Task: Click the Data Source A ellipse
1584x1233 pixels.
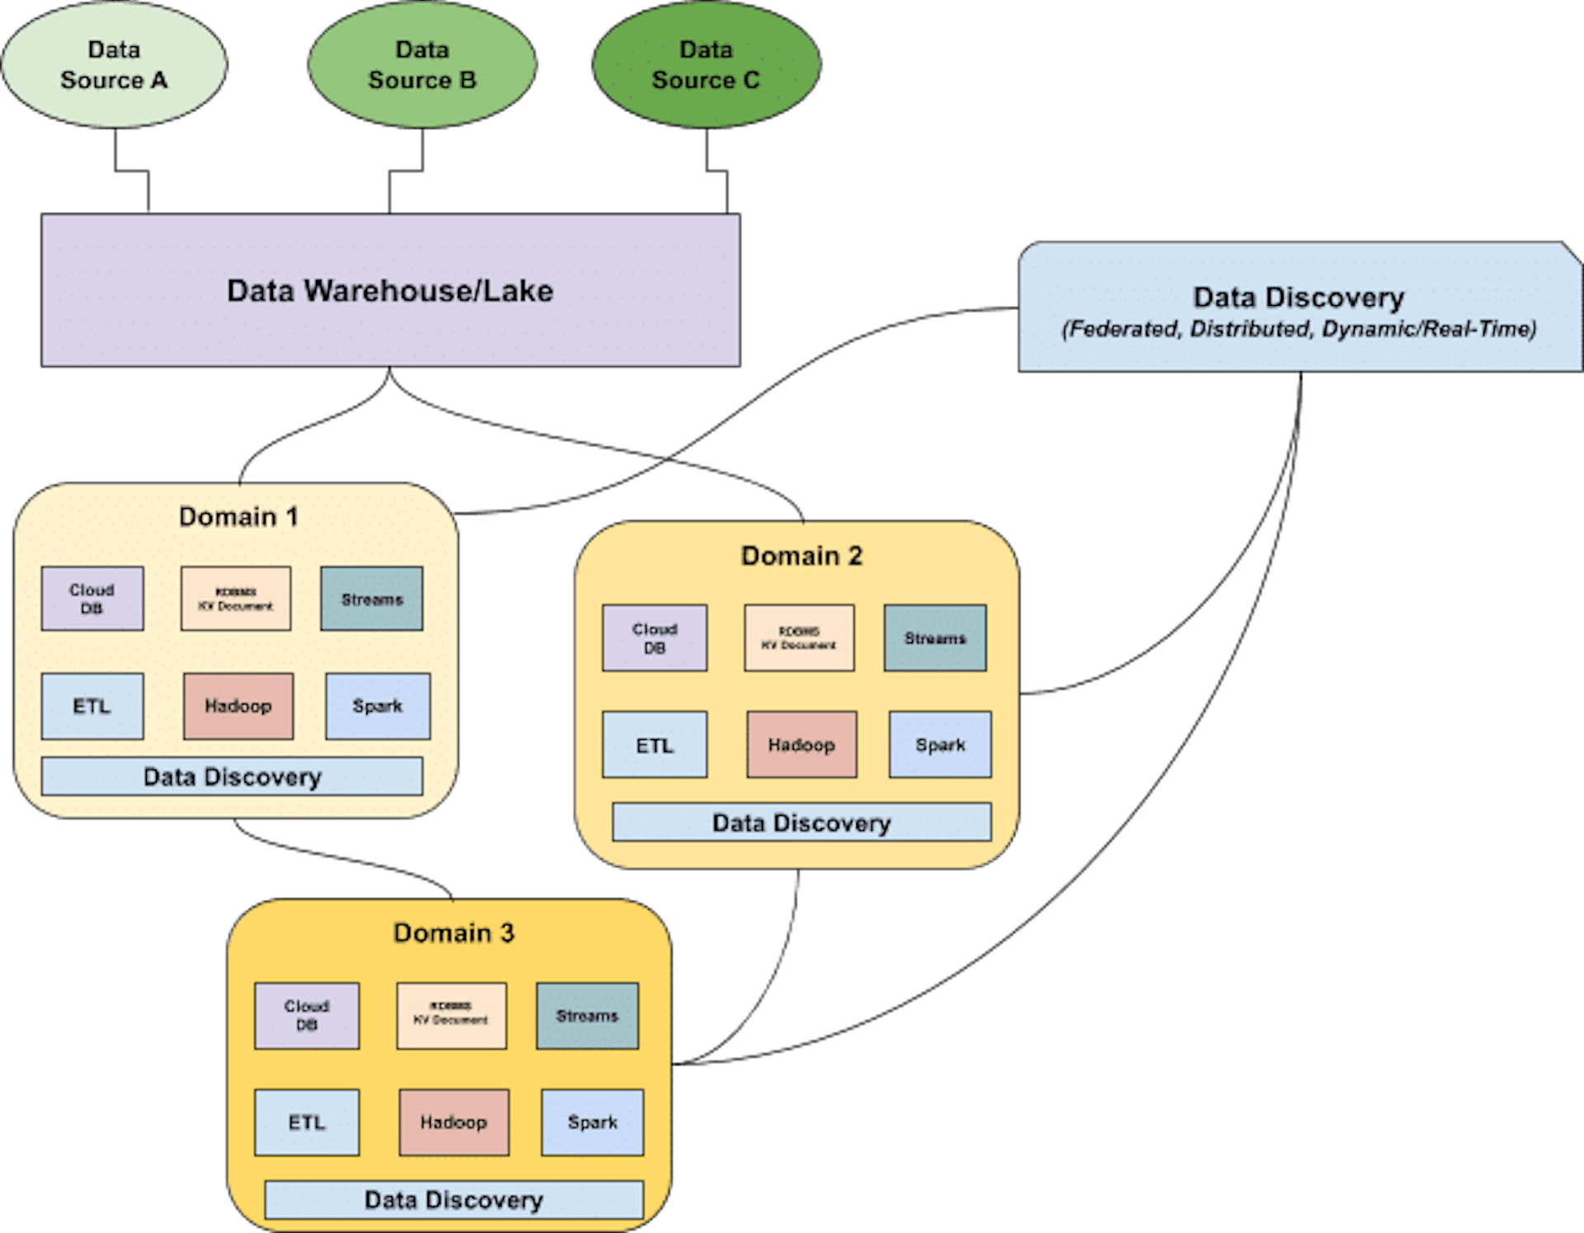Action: pos(114,64)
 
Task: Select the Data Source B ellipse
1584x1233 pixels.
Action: pos(422,64)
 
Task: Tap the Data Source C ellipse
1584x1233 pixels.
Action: pos(705,64)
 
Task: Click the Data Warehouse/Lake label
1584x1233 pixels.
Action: pos(390,290)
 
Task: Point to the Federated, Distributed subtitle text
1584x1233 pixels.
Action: pos(1299,329)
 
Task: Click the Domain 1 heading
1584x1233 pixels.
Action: pos(238,516)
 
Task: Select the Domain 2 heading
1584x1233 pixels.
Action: pos(801,556)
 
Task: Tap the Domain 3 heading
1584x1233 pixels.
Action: pos(454,933)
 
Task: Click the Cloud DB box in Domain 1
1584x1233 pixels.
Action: pos(92,599)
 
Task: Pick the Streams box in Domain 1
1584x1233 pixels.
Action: pos(372,599)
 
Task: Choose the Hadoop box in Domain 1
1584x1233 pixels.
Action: pos(238,706)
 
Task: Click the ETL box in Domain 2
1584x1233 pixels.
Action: pos(655,745)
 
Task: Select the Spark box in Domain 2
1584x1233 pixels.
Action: pos(940,745)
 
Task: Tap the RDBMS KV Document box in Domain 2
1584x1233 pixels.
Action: pos(799,638)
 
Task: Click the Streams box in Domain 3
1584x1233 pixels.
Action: pos(587,1016)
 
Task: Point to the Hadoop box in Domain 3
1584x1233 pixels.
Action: pos(454,1122)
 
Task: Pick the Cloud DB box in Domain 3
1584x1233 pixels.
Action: pos(307,1016)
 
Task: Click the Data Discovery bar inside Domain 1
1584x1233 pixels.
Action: pos(232,776)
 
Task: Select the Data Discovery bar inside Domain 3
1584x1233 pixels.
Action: pos(454,1200)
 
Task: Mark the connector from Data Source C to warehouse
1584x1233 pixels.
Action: pos(716,171)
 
